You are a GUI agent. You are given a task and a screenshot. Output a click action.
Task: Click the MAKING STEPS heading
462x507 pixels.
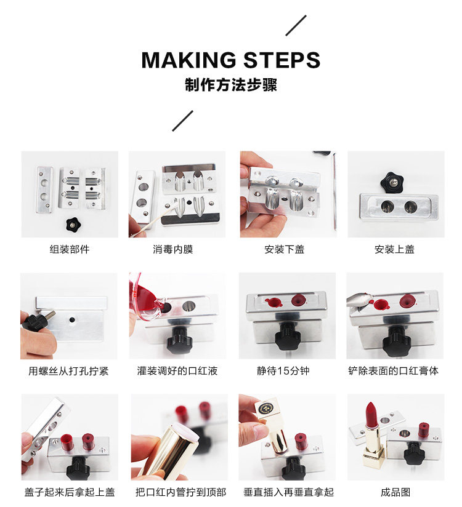[x=231, y=60]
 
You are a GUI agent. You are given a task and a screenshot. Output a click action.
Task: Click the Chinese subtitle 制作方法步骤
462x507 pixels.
[x=231, y=85]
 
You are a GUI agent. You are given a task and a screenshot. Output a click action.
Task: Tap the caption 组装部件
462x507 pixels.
[x=70, y=249]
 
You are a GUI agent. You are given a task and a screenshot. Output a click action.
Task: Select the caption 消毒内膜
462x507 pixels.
[x=173, y=249]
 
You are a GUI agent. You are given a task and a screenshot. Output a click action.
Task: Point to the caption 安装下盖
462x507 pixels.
[x=284, y=249]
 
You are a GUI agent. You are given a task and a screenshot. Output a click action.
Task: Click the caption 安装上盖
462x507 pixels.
[x=394, y=249]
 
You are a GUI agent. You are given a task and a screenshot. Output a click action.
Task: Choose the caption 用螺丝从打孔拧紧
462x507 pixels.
[x=68, y=371]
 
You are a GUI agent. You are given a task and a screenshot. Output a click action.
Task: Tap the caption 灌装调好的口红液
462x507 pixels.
[x=177, y=371]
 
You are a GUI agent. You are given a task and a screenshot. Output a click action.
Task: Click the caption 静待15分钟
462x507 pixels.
[x=283, y=371]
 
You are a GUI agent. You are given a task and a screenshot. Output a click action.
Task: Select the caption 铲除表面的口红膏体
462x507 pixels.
[x=394, y=371]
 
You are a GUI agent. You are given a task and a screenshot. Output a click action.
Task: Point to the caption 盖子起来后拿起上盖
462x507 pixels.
[x=70, y=492]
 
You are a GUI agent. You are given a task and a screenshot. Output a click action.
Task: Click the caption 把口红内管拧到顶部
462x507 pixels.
[x=180, y=492]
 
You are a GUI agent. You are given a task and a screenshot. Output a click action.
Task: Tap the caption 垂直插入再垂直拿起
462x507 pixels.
[x=288, y=492]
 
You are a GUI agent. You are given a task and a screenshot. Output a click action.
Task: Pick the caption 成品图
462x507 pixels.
[x=395, y=492]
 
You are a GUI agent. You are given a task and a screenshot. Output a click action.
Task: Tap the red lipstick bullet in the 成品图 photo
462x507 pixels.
[x=371, y=415]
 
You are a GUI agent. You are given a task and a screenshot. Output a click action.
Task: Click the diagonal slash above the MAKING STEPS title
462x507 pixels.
[x=296, y=25]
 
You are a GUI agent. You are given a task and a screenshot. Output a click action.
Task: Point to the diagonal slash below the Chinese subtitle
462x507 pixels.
[x=182, y=121]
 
